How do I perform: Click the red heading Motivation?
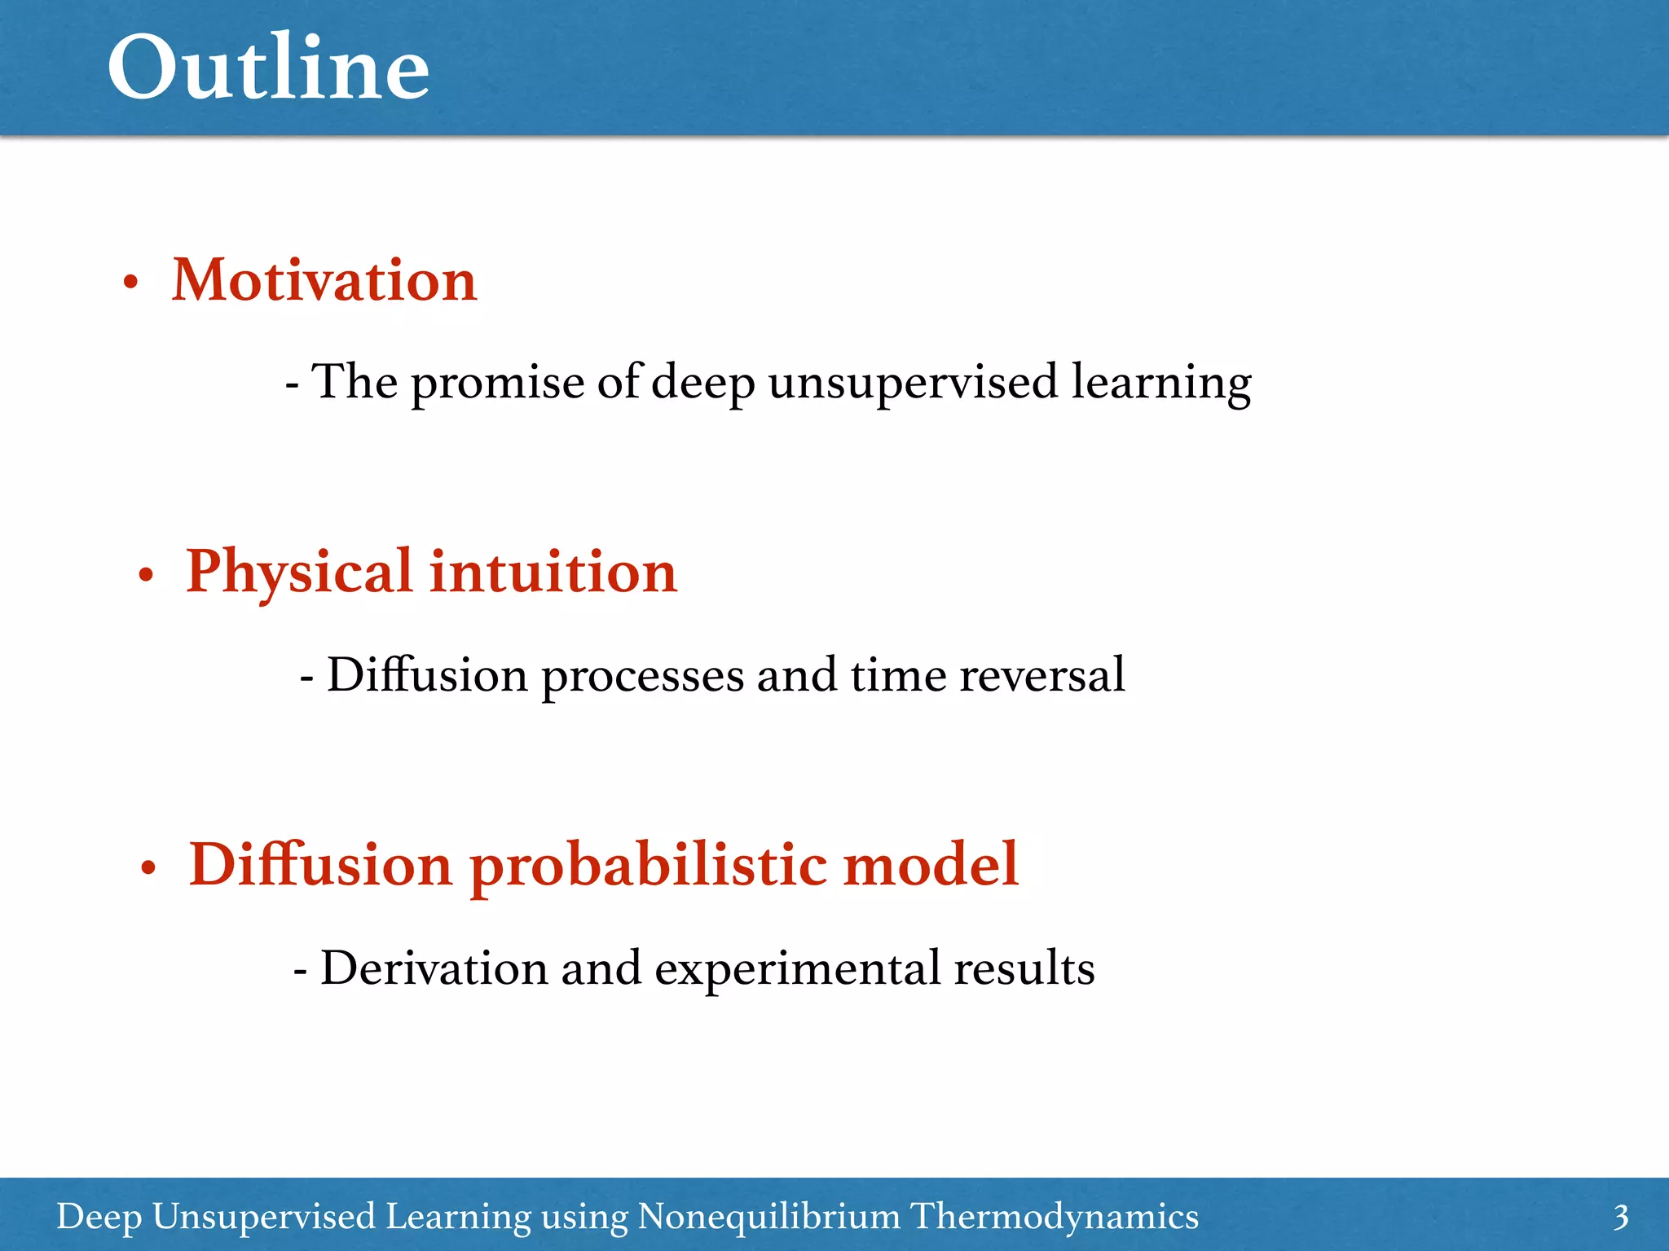click(324, 280)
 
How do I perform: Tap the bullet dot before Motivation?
click(130, 284)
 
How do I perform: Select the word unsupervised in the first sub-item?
click(912, 382)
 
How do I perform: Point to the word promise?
click(497, 382)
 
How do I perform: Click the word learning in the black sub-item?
click(1160, 382)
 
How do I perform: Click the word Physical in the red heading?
click(298, 573)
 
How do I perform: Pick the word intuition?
click(553, 573)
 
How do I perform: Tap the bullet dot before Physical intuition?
click(146, 576)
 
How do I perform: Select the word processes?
click(642, 676)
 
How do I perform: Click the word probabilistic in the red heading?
click(648, 866)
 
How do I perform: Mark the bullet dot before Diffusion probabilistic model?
click(148, 869)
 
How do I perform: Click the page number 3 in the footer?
click(1620, 1218)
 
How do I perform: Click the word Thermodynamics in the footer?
click(1054, 1217)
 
